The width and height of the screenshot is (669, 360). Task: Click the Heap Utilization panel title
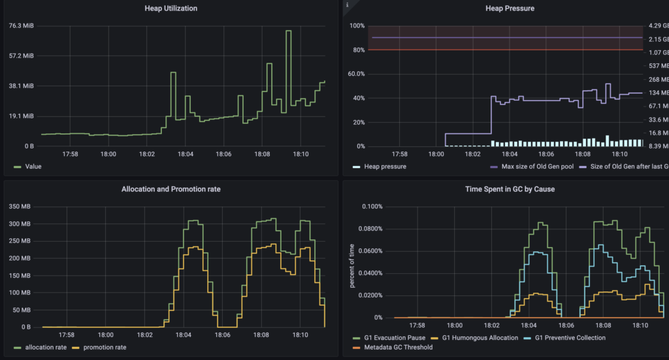170,8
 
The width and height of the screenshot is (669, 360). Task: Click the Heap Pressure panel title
510,8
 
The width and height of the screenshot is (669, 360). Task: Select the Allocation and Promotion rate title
171,189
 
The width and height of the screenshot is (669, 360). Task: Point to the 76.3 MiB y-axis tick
22,26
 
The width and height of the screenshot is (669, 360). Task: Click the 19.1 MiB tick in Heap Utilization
22,116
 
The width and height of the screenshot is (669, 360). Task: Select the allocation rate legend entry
46,347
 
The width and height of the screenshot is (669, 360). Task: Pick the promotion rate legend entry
101,347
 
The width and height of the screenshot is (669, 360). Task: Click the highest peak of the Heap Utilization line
288,31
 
